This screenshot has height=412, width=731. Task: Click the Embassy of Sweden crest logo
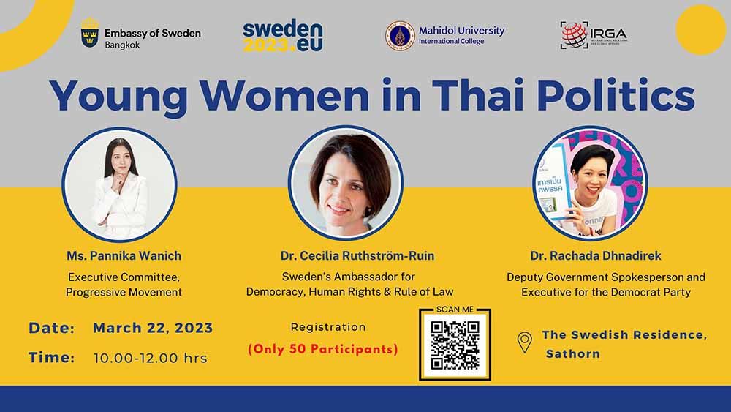[91, 34]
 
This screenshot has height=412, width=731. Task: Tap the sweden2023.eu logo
[282, 35]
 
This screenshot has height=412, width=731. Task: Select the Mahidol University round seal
[400, 35]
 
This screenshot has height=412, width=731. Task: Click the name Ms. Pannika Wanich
[124, 256]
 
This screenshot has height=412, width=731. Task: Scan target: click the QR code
[455, 345]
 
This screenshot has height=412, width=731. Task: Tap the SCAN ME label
[455, 310]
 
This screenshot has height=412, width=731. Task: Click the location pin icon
[525, 342]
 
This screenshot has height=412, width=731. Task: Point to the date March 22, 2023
[153, 329]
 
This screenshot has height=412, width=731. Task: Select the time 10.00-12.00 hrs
[150, 359]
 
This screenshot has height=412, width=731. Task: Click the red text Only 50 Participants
[324, 349]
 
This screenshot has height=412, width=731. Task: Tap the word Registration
[328, 327]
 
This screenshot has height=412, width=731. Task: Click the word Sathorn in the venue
[573, 354]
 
